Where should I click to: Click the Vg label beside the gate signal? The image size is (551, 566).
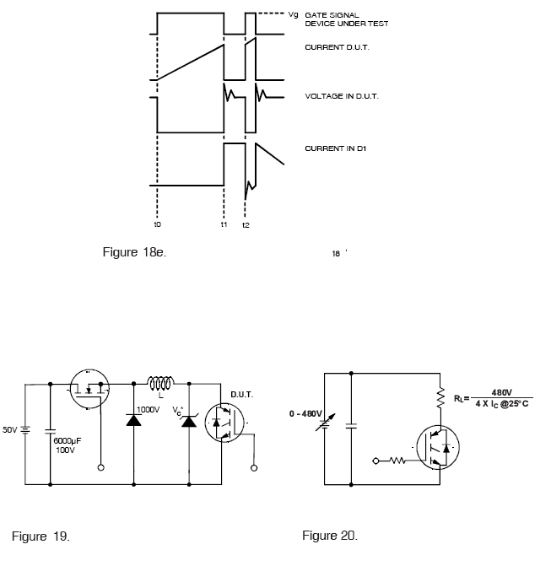(293, 15)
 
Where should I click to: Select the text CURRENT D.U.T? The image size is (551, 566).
(337, 47)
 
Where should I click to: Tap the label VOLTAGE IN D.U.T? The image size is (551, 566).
(342, 96)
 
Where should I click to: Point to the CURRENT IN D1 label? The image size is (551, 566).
(336, 148)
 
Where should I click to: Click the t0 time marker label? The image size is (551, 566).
(158, 224)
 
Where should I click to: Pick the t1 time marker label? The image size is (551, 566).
(224, 224)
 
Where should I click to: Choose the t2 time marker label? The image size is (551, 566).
(246, 225)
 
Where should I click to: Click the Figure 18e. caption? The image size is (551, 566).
(134, 252)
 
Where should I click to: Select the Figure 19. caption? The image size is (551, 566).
(41, 536)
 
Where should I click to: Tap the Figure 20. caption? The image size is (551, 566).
(330, 536)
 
